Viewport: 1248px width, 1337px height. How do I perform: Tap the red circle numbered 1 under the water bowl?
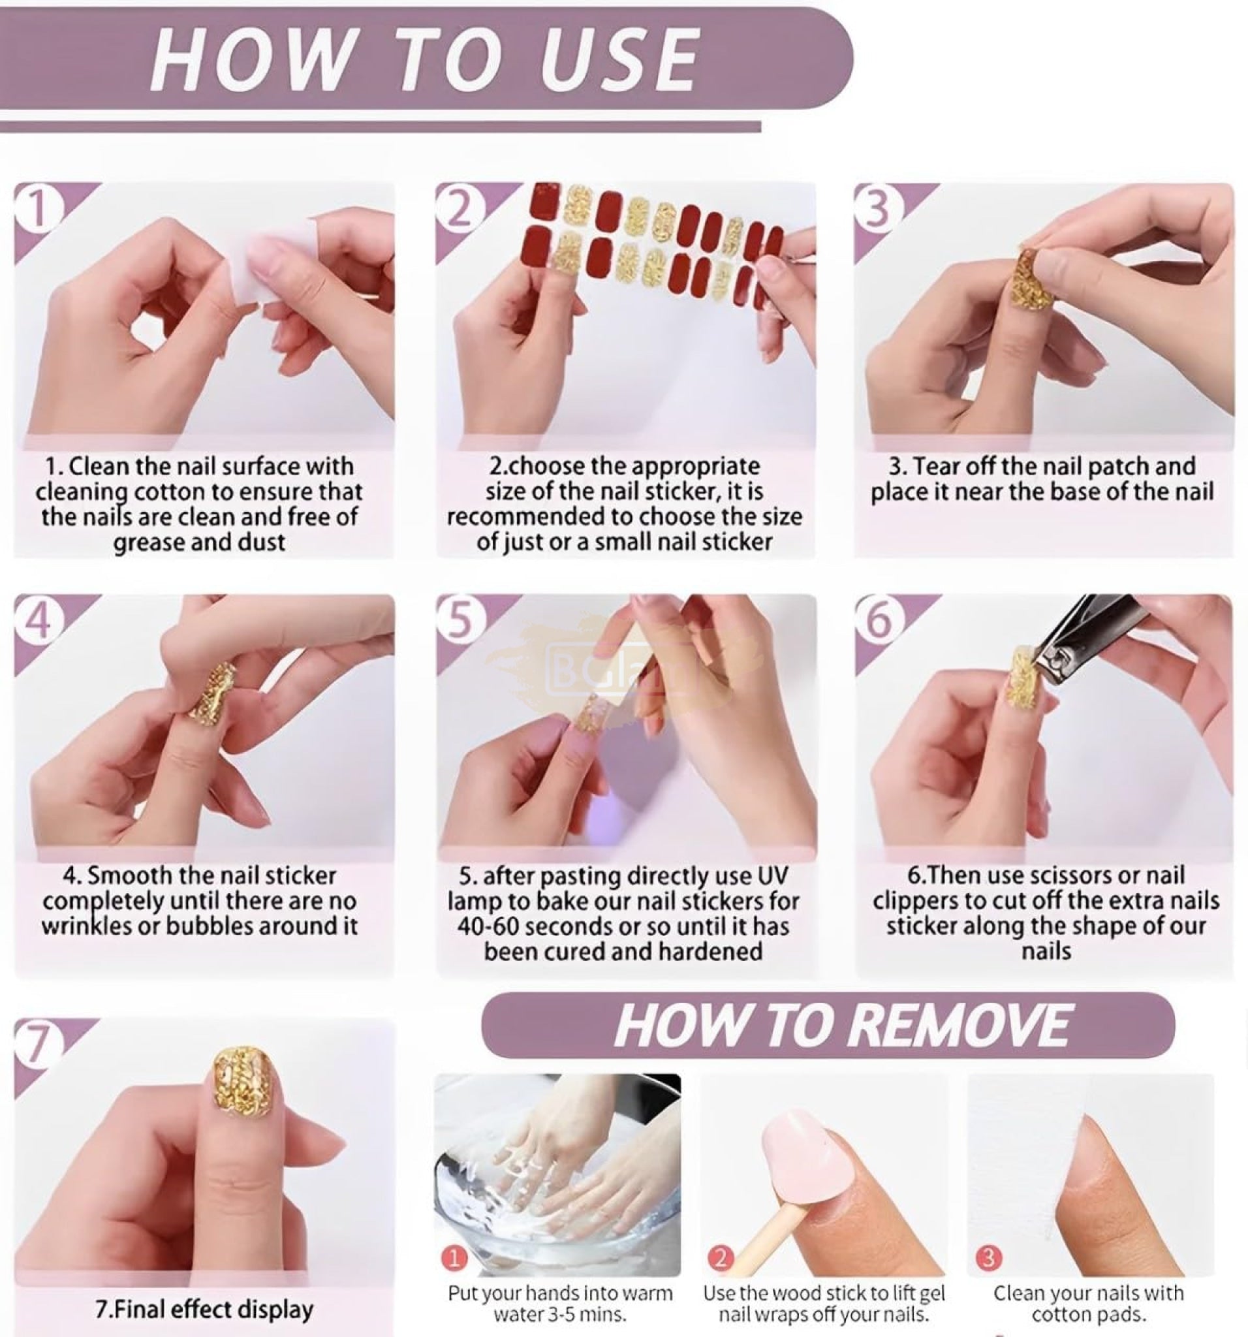tap(456, 1257)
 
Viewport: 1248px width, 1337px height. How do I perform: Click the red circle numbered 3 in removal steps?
tap(988, 1257)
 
